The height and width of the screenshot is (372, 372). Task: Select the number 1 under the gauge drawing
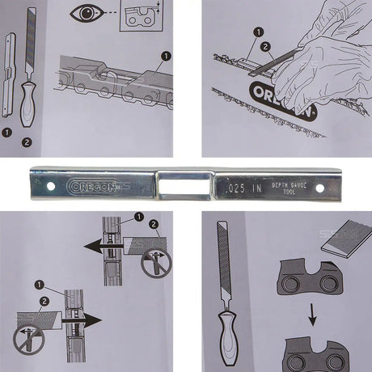point(7,130)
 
